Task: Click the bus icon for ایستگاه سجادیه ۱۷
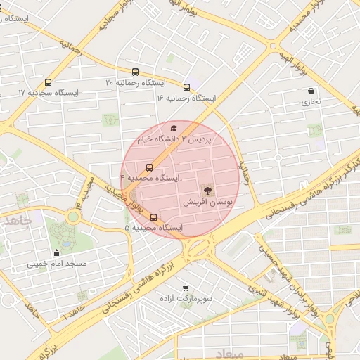48,82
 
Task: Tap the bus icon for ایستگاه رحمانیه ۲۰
135,72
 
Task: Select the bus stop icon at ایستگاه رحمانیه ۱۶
186,87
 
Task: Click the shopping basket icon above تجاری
311,90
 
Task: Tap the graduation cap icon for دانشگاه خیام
174,128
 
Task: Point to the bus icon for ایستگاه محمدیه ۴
149,167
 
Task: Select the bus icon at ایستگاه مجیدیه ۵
154,217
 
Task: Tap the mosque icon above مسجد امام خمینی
56,252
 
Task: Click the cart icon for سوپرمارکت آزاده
186,288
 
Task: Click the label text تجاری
311,102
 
